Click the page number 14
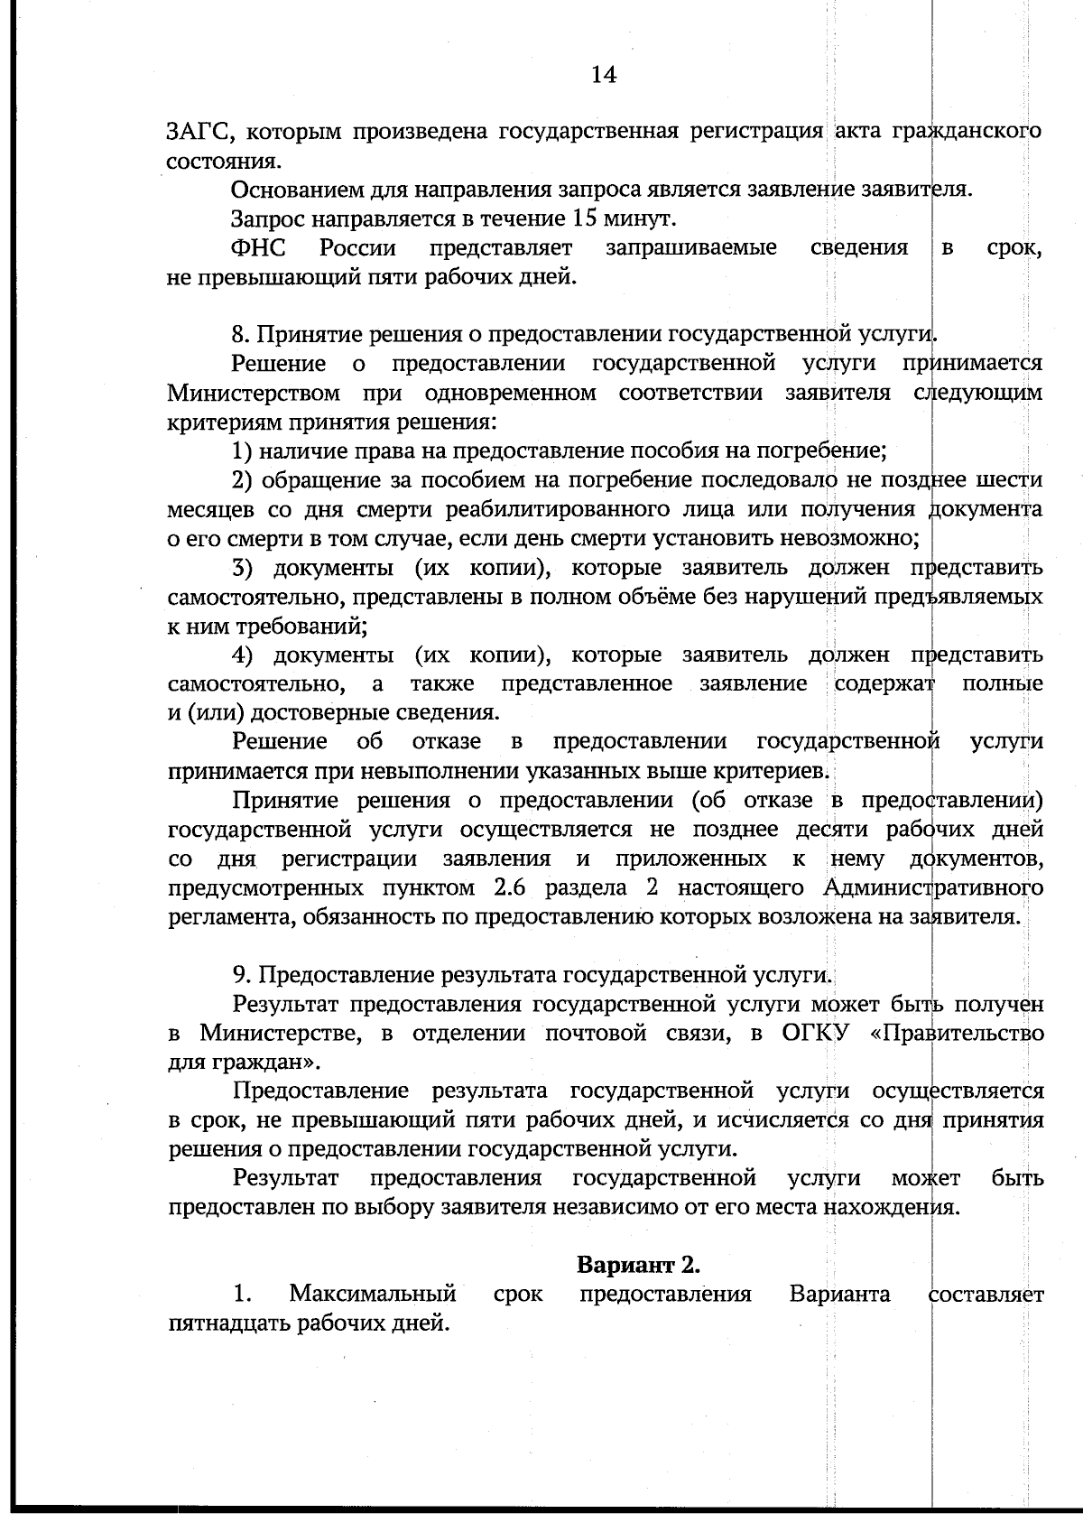(604, 75)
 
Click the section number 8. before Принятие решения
(240, 335)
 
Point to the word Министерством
(254, 394)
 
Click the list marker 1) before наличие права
(242, 450)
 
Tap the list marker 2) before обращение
(242, 479)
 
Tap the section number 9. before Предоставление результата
(240, 975)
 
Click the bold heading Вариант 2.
(639, 1265)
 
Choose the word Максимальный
(372, 1295)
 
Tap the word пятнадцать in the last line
(229, 1324)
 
